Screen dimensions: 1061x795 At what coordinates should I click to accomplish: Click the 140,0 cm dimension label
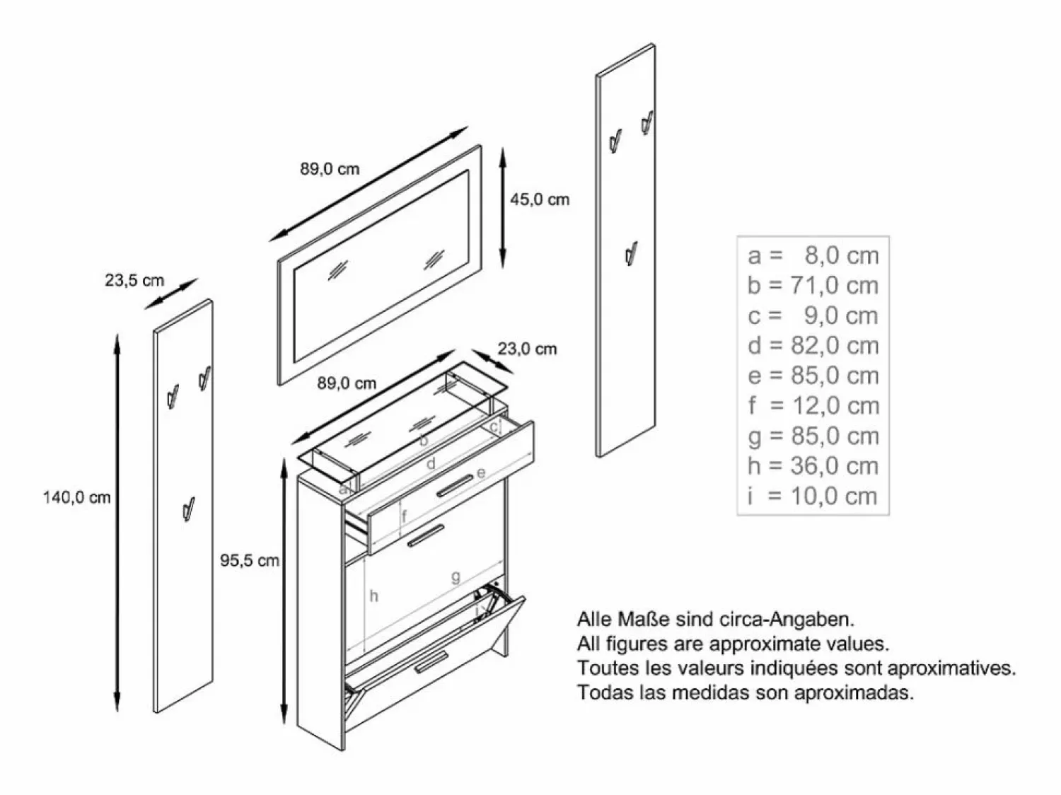tap(77, 497)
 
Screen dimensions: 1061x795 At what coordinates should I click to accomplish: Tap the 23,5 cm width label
tap(134, 280)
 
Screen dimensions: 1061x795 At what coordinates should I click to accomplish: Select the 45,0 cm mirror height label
tap(540, 199)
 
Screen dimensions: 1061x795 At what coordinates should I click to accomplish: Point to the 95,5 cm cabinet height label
tap(250, 560)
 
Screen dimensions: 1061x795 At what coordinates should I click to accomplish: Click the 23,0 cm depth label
tap(528, 349)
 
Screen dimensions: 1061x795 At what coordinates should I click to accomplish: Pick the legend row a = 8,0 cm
tap(813, 255)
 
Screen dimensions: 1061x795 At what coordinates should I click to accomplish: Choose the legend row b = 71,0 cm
tap(813, 285)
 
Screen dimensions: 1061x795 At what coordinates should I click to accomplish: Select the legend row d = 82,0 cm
tap(813, 346)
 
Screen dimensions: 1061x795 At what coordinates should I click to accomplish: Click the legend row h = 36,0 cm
tap(813, 466)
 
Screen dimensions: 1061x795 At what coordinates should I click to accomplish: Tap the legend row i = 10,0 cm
tap(813, 497)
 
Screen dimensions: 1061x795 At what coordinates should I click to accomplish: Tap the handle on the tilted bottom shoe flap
tap(431, 662)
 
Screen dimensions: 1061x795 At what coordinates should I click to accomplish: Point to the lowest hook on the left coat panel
tap(189, 509)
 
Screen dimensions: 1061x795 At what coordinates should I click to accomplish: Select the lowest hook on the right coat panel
tap(631, 253)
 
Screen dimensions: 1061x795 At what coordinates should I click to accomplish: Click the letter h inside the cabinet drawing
tap(373, 596)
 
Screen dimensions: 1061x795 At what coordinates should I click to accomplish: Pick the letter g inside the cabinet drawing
tap(456, 577)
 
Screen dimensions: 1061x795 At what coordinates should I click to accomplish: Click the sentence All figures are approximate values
tap(733, 643)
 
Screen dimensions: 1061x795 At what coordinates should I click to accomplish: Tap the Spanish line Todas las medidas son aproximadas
tap(746, 692)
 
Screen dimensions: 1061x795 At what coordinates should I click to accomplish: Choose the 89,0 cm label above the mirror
tap(330, 168)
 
